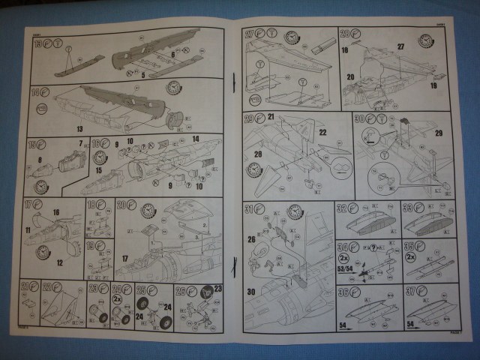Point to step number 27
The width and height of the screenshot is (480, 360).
[250, 33]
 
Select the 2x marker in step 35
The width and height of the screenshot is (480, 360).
[409, 257]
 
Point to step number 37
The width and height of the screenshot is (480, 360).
[409, 292]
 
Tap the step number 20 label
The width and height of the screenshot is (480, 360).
[120, 204]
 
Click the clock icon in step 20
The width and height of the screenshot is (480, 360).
[148, 210]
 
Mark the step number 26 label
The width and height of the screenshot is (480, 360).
[180, 289]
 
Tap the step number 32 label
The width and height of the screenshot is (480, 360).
[342, 208]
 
